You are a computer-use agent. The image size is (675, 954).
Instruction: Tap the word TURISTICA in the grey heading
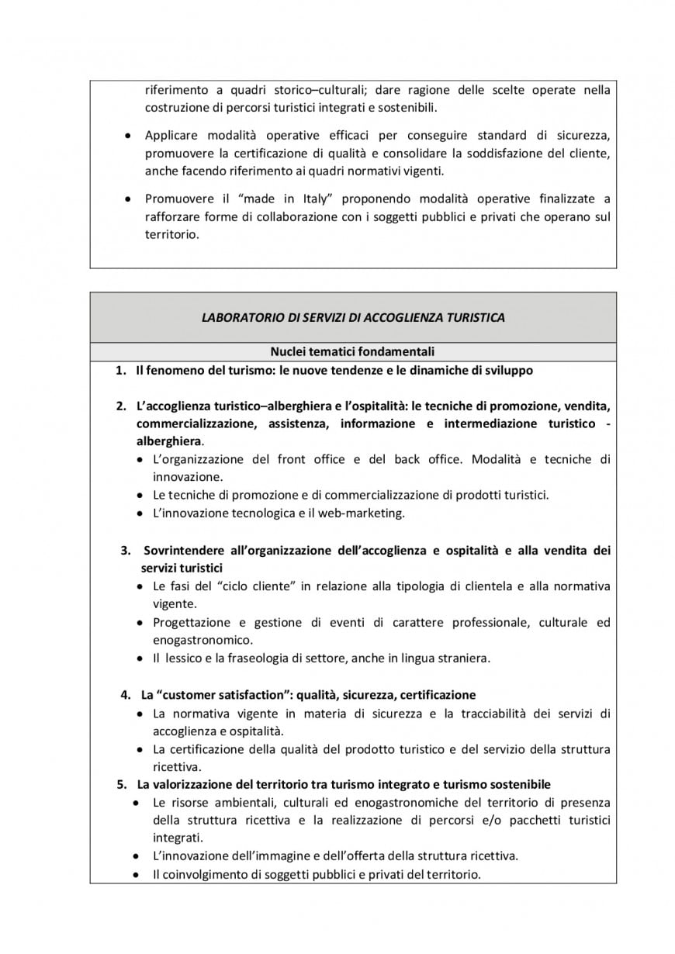click(x=476, y=317)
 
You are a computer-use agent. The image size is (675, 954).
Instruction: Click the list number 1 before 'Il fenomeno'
click(x=120, y=370)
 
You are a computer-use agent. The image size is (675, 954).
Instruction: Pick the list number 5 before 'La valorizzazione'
click(x=122, y=784)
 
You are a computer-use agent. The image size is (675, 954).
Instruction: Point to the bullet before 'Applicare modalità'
click(x=127, y=135)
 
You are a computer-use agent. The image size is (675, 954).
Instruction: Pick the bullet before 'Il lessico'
click(x=139, y=658)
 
